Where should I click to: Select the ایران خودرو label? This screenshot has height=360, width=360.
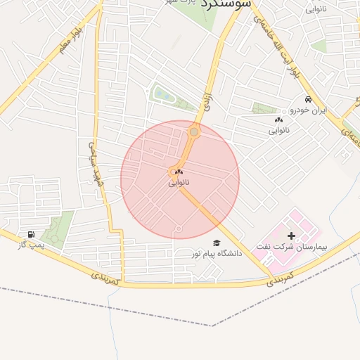pyautogui.click(x=309, y=110)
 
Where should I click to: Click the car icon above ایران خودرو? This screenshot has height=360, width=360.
pyautogui.click(x=308, y=99)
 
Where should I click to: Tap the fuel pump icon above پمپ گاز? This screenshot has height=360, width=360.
pyautogui.click(x=30, y=234)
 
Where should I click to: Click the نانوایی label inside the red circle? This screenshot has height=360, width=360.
pyautogui.click(x=179, y=183)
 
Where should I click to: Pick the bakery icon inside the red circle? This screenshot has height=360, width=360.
pyautogui.click(x=179, y=172)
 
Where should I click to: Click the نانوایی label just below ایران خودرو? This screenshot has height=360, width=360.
pyautogui.click(x=279, y=130)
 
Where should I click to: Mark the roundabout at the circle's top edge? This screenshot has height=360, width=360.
pyautogui.click(x=194, y=131)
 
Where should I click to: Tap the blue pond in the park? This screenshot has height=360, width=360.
pyautogui.click(x=161, y=94)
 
